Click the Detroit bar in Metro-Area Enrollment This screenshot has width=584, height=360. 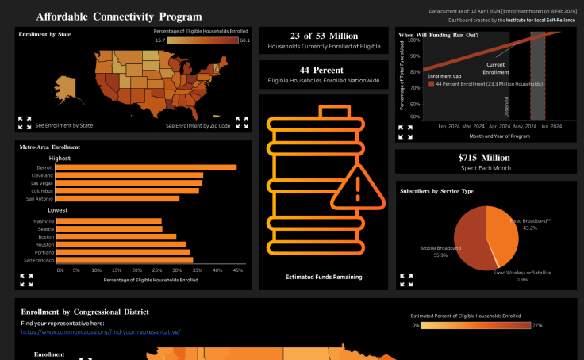pos(147,167)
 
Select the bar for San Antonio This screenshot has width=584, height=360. pos(119,198)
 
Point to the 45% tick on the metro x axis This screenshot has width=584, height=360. pos(237,270)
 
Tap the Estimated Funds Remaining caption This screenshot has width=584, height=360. pos(324,277)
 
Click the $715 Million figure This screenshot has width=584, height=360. pos(486,158)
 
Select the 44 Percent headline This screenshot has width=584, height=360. pos(323,70)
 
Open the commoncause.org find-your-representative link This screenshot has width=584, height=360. pos(101,331)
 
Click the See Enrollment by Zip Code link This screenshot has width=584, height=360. pos(198,125)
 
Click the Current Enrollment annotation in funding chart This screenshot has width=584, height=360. pos(496,68)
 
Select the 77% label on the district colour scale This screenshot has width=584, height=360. pos(537,325)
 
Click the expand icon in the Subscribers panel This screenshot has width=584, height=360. pos(407,279)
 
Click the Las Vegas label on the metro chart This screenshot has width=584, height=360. pos(43,182)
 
